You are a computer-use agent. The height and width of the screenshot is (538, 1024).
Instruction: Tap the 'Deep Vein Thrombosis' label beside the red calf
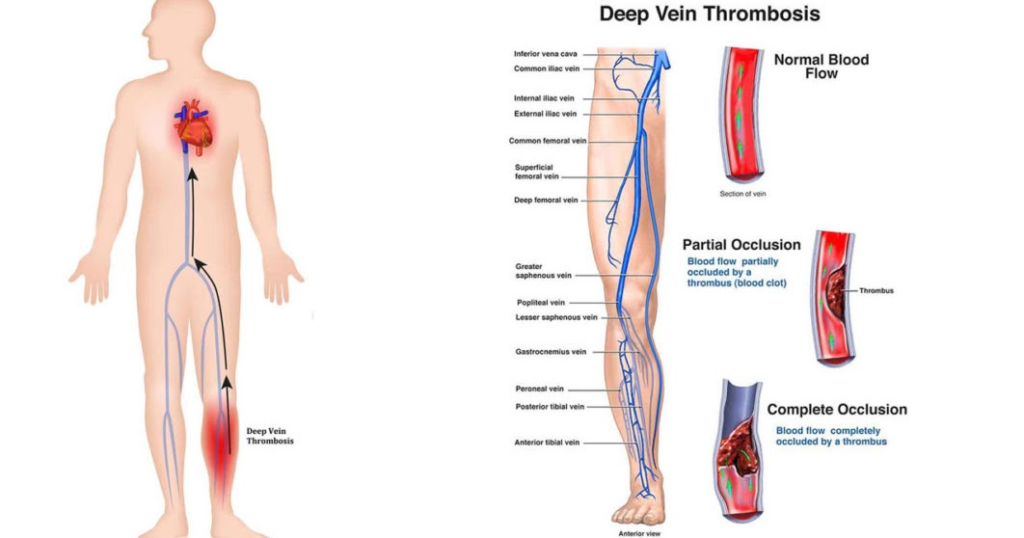pyautogui.click(x=269, y=436)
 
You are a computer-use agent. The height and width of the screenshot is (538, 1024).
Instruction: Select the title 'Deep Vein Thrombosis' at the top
pyautogui.click(x=710, y=13)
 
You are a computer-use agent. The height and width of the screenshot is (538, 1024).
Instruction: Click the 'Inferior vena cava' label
pyautogui.click(x=546, y=54)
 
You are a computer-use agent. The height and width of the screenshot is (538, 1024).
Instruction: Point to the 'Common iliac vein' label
pyautogui.click(x=545, y=68)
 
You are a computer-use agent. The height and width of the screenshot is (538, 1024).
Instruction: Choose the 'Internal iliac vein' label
pyautogui.click(x=545, y=98)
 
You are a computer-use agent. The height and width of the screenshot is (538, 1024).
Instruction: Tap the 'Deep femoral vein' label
pyautogui.click(x=546, y=201)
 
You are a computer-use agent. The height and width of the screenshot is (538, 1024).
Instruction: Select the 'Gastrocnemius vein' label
pyautogui.click(x=551, y=352)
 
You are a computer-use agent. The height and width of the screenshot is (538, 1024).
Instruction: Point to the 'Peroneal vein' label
pyautogui.click(x=540, y=389)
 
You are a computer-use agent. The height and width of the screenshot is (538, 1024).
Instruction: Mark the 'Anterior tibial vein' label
pyautogui.click(x=547, y=443)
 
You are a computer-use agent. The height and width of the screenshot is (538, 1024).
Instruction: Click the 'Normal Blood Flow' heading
pyautogui.click(x=821, y=67)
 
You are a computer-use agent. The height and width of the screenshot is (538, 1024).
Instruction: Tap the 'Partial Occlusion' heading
pyautogui.click(x=741, y=245)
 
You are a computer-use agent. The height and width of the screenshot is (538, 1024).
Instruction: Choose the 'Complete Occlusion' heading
pyautogui.click(x=836, y=410)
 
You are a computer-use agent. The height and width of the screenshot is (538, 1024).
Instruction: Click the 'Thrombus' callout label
pyautogui.click(x=876, y=290)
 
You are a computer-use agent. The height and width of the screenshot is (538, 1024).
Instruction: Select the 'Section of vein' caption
pyautogui.click(x=742, y=194)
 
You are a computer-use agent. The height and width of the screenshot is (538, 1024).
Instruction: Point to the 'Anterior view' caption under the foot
pyautogui.click(x=638, y=532)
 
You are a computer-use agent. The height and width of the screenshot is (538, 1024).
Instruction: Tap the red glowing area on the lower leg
pyautogui.click(x=221, y=439)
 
